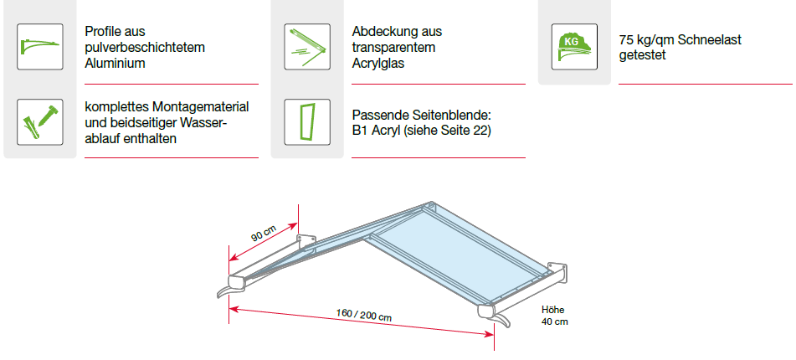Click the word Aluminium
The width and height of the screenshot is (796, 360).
pos(116,63)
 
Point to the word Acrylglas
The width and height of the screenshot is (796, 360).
pos(379,63)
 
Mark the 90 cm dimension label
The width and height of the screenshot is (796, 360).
pos(264,233)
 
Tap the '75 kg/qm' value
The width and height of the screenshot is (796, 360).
pos(645,39)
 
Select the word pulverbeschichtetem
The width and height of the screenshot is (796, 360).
pos(145,47)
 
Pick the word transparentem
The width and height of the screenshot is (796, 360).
pos(393,47)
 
